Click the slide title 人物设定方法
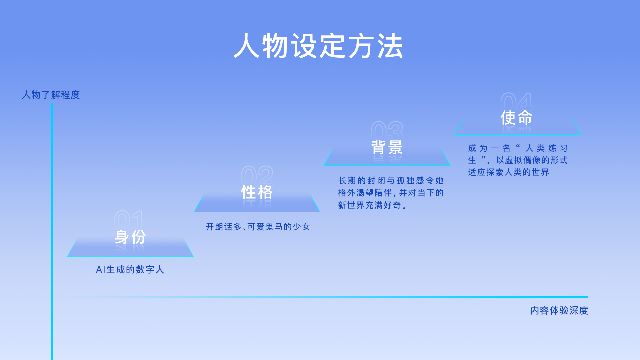[x=318, y=46]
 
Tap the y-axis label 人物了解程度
[x=51, y=95]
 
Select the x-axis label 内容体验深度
[x=559, y=311]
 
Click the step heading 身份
[x=130, y=237]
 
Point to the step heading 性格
[x=257, y=192]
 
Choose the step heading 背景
[x=387, y=147]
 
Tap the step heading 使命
[x=516, y=118]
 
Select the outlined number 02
[x=257, y=175]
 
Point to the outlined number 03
[x=387, y=131]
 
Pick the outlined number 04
[x=517, y=102]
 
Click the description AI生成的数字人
[x=130, y=270]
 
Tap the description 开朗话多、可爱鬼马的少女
[x=258, y=227]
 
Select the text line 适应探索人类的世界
[x=508, y=172]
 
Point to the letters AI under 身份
[x=100, y=270]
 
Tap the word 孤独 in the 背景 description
[x=405, y=181]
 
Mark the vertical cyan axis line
[x=52, y=232]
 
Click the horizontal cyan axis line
[x=327, y=296]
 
